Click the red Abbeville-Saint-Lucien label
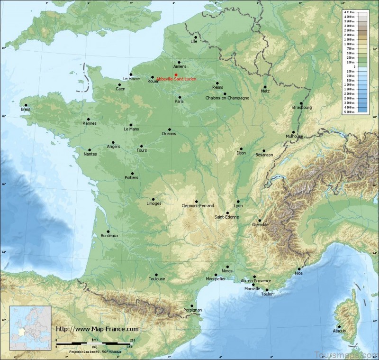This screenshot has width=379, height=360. (x=176, y=79)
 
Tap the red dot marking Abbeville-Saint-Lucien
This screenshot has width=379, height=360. (x=176, y=74)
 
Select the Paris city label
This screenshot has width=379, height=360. (x=179, y=102)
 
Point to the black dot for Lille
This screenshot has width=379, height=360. (x=195, y=37)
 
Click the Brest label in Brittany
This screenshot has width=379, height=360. (x=26, y=110)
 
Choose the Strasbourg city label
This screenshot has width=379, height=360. (x=302, y=108)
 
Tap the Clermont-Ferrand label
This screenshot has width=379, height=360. (x=198, y=205)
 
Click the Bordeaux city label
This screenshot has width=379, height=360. (x=109, y=236)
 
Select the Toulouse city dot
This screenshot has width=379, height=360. (x=156, y=274)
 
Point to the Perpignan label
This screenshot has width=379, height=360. (x=192, y=310)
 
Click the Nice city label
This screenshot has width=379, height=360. (x=298, y=273)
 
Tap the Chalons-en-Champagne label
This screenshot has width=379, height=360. (x=227, y=98)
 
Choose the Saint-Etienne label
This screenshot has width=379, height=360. (x=227, y=217)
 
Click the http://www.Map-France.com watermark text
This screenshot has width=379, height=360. (x=98, y=329)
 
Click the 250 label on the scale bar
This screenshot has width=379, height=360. (x=132, y=340)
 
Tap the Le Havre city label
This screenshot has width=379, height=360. (x=131, y=79)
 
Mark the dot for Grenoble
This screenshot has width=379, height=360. (x=260, y=220)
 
